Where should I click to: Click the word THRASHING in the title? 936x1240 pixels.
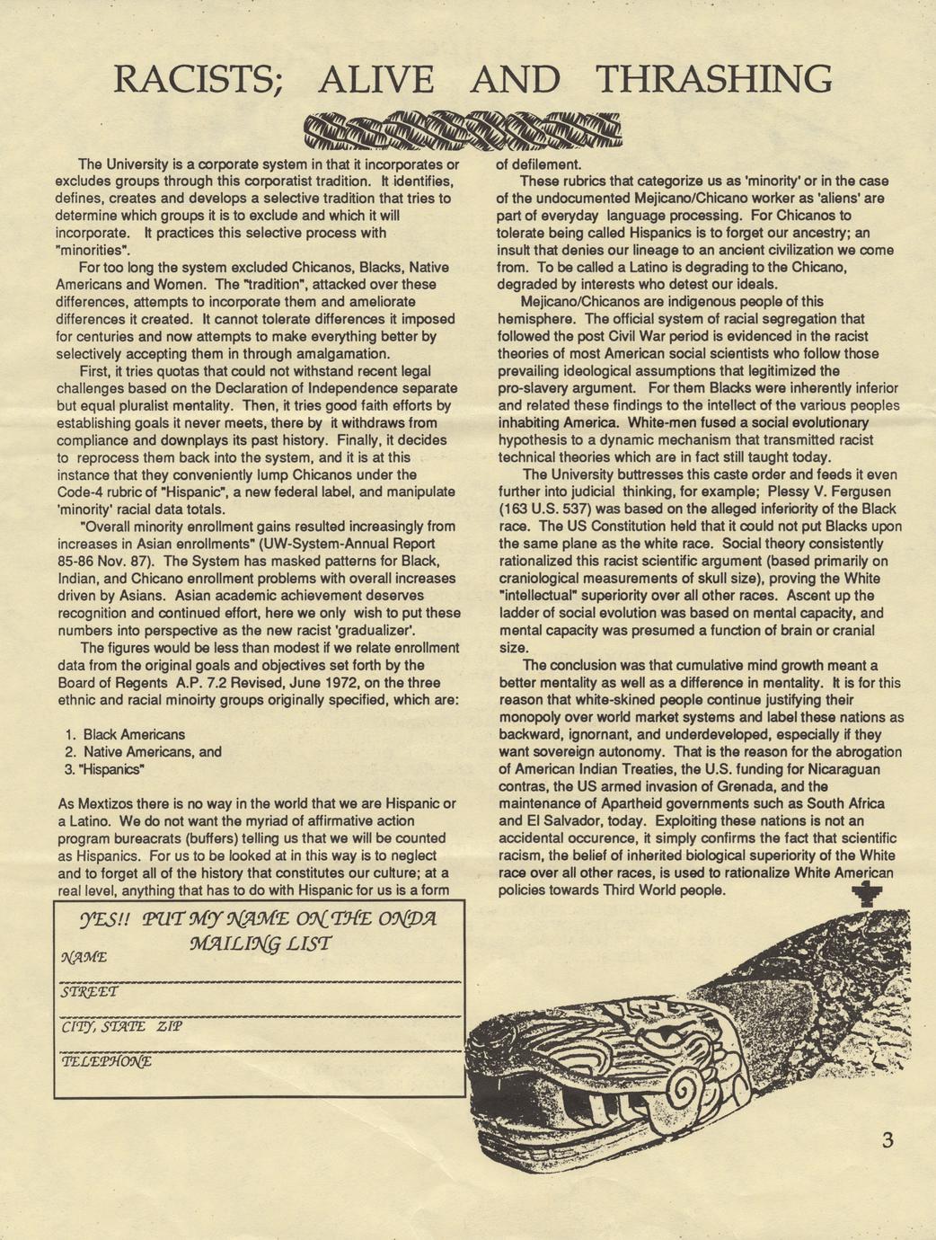[713, 79]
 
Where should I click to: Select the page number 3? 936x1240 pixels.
[887, 1141]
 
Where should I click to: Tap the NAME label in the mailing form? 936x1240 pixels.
[84, 958]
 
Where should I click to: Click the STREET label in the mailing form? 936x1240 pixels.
[88, 993]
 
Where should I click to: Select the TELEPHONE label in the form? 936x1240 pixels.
[106, 1061]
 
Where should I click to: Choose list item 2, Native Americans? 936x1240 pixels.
[143, 751]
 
